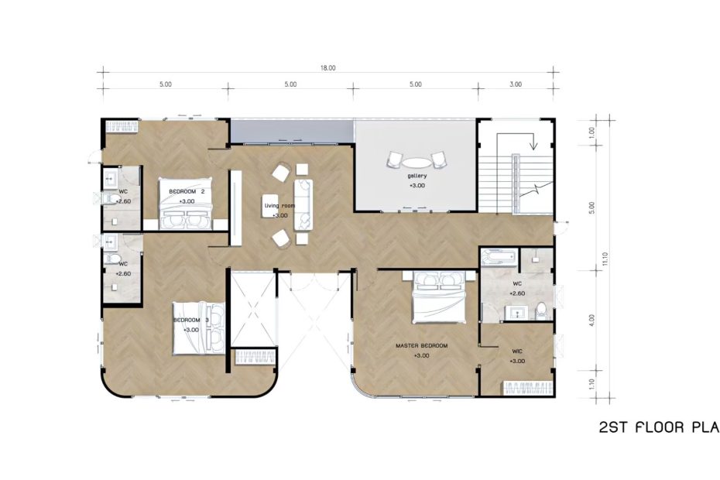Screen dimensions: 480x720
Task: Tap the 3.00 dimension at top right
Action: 516,84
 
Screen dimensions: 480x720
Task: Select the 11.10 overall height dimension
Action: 604,262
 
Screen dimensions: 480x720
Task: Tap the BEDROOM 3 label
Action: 187,320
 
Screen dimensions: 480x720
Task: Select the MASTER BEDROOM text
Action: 421,345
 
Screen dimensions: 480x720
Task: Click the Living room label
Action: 280,206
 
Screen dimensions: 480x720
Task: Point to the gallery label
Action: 417,176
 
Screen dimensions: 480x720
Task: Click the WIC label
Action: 518,351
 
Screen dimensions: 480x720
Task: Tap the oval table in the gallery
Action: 417,163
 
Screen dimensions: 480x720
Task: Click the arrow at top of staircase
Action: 533,142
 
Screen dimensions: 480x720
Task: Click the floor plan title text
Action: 658,427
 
